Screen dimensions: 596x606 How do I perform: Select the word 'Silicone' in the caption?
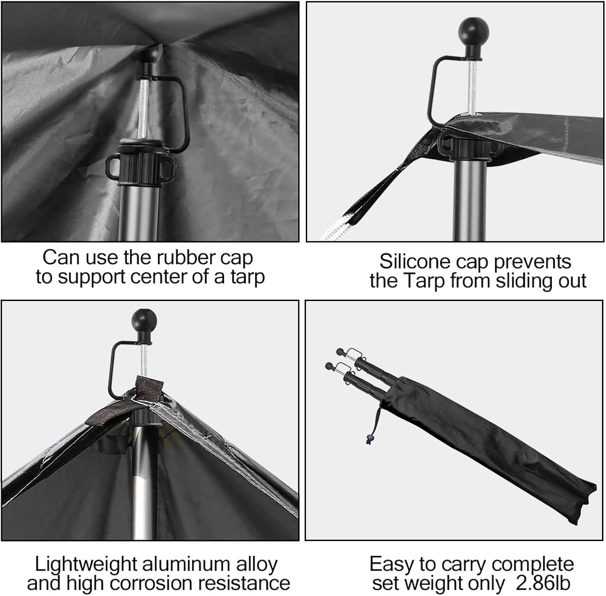415,261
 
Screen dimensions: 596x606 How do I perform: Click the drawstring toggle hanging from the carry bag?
368,438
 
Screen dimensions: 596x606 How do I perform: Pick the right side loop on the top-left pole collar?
168,166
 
